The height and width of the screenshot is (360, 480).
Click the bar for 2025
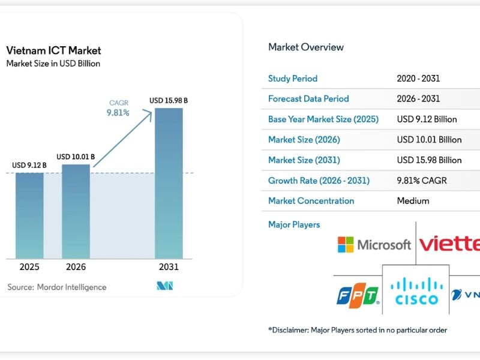click(x=29, y=215)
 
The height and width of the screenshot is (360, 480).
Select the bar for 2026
click(x=76, y=211)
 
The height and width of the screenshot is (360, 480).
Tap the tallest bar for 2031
click(x=169, y=183)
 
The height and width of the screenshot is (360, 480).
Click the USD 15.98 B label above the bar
click(x=169, y=101)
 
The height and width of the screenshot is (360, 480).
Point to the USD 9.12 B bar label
click(x=29, y=165)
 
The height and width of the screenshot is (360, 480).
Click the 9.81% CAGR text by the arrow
click(x=118, y=112)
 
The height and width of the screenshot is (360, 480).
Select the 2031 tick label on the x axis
click(x=169, y=267)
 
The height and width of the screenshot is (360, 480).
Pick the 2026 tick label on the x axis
click(x=76, y=267)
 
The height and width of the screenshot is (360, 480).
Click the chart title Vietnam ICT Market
click(x=53, y=50)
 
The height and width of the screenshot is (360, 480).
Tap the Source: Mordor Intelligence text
click(x=56, y=287)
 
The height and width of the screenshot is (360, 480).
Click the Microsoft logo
click(x=374, y=244)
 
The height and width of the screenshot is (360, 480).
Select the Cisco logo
click(x=417, y=291)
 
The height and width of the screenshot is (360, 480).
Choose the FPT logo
click(x=358, y=295)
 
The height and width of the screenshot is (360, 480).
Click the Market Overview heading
click(x=306, y=47)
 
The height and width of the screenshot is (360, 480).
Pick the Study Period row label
click(x=293, y=79)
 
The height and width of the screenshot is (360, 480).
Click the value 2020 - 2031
click(x=418, y=79)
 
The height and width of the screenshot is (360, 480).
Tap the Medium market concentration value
click(x=413, y=201)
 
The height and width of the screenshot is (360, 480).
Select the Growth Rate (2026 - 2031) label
click(x=319, y=181)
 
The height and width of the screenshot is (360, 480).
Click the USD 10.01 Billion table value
click(x=429, y=140)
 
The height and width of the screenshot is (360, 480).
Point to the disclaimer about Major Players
click(x=358, y=330)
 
